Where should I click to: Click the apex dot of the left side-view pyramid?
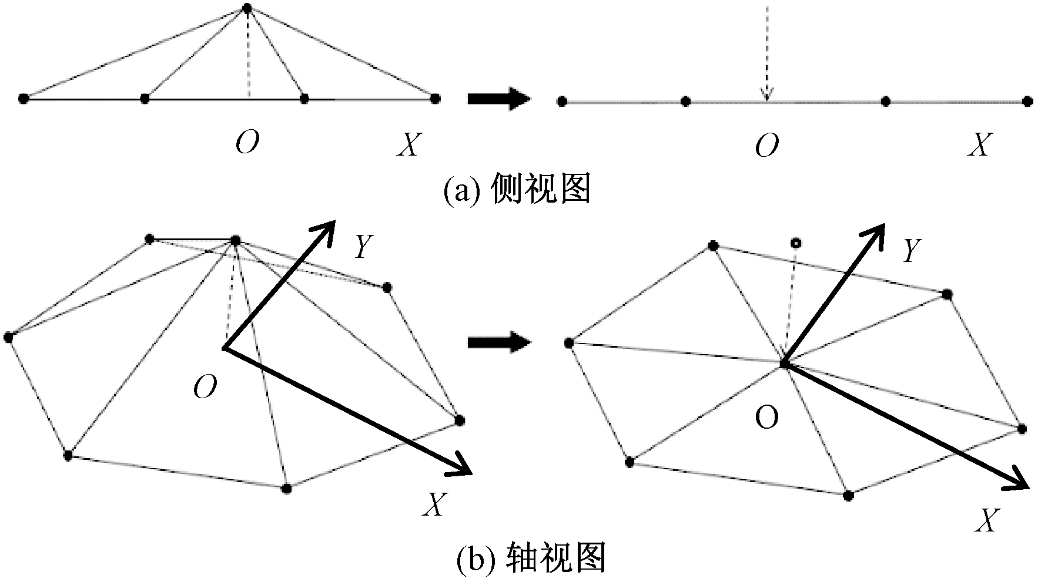pos(247,8)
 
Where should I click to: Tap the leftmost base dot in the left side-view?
pos(24,98)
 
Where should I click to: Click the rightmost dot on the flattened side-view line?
pos(1027,102)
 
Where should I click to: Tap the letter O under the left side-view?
pos(247,142)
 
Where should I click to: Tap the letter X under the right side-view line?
pos(980,144)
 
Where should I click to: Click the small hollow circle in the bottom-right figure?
pos(796,243)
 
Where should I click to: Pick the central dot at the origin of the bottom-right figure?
pos(784,364)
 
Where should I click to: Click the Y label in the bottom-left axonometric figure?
pos(363,247)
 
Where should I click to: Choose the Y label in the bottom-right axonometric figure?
pos(911,251)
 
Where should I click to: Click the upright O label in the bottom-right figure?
pos(767,418)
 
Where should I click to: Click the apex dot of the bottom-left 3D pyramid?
pos(236,240)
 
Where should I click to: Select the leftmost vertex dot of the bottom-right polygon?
pos(568,343)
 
